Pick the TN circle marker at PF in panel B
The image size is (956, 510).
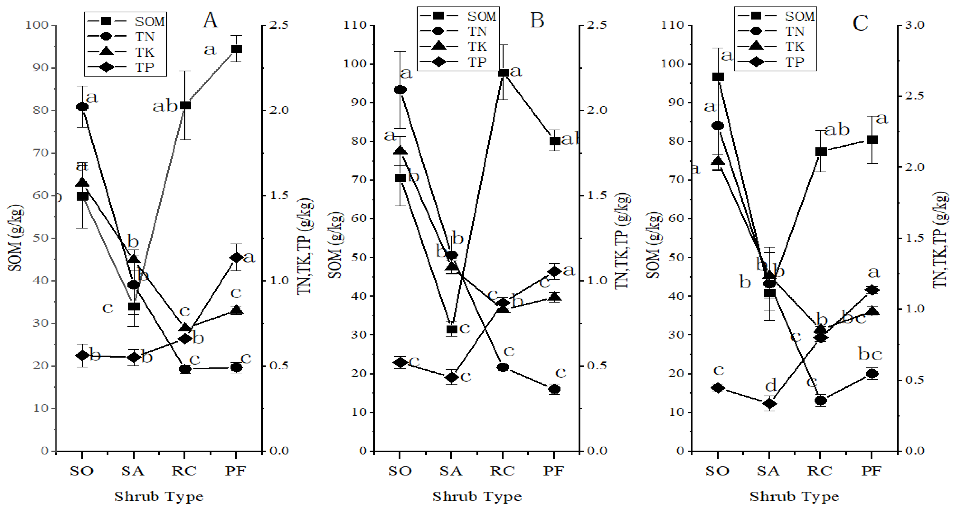[554, 389]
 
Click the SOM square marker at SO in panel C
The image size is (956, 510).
[718, 77]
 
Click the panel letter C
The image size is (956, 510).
[860, 23]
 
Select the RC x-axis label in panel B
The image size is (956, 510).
[502, 471]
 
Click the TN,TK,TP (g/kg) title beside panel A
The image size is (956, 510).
[306, 247]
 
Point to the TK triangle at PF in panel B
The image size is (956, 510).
[554, 297]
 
